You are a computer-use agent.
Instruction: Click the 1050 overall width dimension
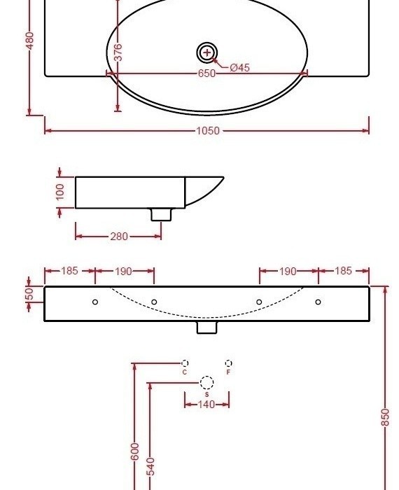coord(207,130)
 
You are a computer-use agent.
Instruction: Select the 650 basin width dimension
coord(206,73)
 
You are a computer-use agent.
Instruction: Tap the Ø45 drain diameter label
coord(239,68)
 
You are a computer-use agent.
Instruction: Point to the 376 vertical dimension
coord(118,52)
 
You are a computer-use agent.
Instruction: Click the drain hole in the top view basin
coord(206,52)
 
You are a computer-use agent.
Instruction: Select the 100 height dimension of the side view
coord(60,192)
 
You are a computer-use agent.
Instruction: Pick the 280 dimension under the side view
coord(119,237)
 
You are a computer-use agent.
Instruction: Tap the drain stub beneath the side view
coord(161,214)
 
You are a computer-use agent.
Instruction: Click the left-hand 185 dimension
coord(69,271)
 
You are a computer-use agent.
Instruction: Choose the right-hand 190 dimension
coord(288,271)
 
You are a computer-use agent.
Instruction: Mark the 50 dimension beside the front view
coord(29,294)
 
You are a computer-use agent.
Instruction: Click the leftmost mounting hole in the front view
coord(95,302)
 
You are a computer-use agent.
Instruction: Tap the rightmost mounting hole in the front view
coord(318,302)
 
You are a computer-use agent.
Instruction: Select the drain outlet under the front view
coord(206,327)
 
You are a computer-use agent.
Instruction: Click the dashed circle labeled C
coord(185,363)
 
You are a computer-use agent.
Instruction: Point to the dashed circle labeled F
coord(228,363)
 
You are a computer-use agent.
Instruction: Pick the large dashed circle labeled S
coord(206,383)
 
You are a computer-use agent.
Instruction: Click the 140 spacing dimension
coord(206,404)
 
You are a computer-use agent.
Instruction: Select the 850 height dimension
coord(385,417)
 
